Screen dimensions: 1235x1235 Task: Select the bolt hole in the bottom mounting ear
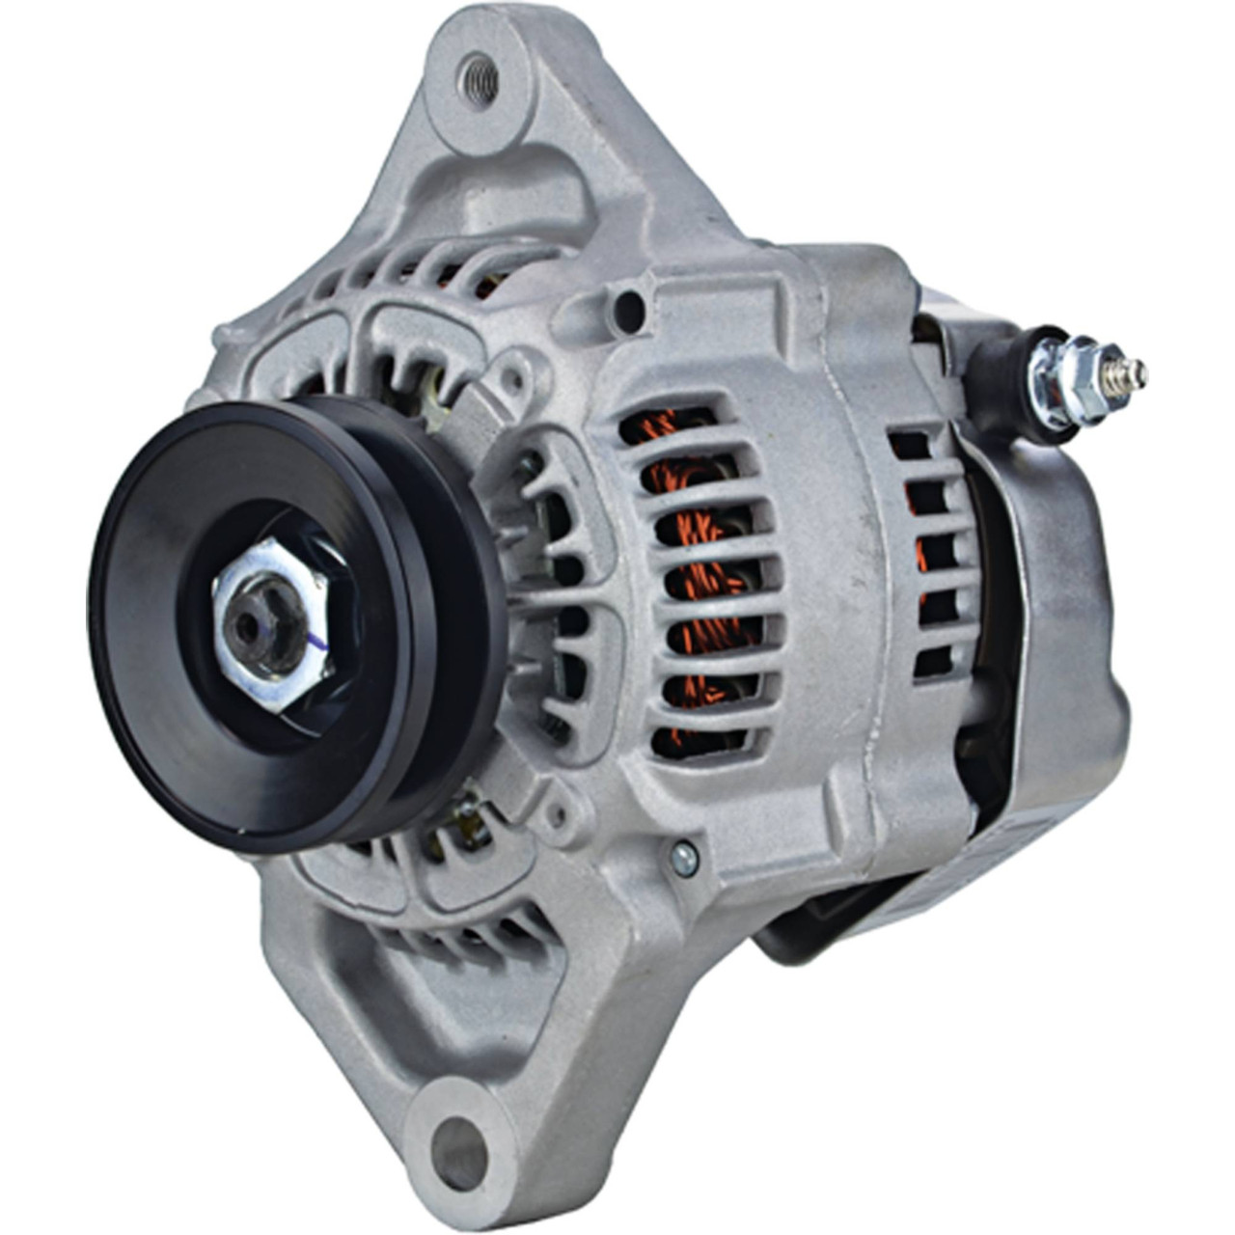pos(459,1151)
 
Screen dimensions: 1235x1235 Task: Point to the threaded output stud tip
pos(1139,370)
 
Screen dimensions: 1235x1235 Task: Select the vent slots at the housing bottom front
pos(463,926)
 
